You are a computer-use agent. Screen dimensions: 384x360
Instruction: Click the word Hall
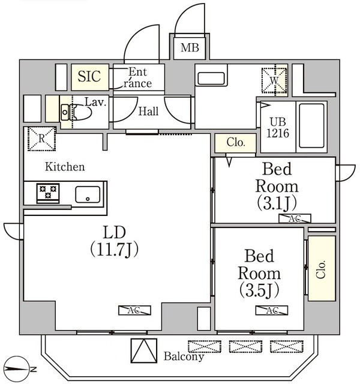148,112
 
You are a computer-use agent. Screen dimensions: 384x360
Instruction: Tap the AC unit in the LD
134,310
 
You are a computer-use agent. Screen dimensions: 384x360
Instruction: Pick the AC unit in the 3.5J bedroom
271,310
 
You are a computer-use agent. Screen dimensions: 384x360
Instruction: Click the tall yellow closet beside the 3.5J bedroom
321,268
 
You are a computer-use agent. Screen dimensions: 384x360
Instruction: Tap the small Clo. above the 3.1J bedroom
235,143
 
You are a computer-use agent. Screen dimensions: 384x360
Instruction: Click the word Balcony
184,356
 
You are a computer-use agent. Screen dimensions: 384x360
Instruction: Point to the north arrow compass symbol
19,367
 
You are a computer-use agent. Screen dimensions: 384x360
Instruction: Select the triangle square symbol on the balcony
143,350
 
